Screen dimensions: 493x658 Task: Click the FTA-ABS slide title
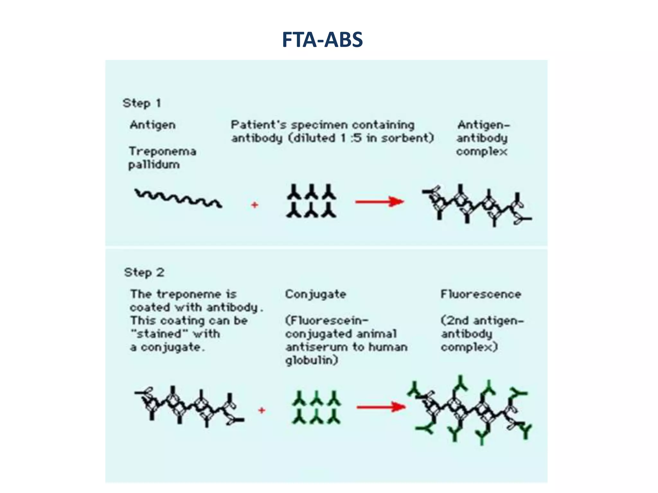pyautogui.click(x=322, y=40)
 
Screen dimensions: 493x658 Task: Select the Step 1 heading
pyautogui.click(x=141, y=103)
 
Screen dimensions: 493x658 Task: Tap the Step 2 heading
pyautogui.click(x=144, y=272)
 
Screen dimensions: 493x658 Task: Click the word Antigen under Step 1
pyautogui.click(x=153, y=125)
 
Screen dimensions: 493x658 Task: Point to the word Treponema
pyautogui.click(x=162, y=151)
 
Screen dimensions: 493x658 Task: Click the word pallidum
pyautogui.click(x=154, y=165)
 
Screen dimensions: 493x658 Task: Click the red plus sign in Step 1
pyautogui.click(x=254, y=205)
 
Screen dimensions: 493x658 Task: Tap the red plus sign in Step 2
pyautogui.click(x=262, y=410)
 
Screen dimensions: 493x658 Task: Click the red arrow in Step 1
pyautogui.click(x=379, y=202)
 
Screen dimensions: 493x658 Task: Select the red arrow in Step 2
pyautogui.click(x=381, y=407)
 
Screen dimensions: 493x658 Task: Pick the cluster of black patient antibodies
pyautogui.click(x=311, y=201)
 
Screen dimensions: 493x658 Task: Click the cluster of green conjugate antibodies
pyautogui.click(x=316, y=407)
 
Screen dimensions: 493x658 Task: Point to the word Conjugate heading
pyautogui.click(x=316, y=294)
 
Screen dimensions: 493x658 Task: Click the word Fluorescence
pyautogui.click(x=481, y=294)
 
